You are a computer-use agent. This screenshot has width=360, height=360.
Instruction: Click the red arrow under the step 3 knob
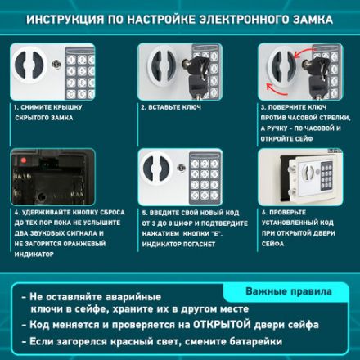[272, 88]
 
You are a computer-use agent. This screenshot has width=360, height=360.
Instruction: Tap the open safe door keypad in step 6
[326, 175]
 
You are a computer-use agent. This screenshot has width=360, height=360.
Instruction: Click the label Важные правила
[288, 291]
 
